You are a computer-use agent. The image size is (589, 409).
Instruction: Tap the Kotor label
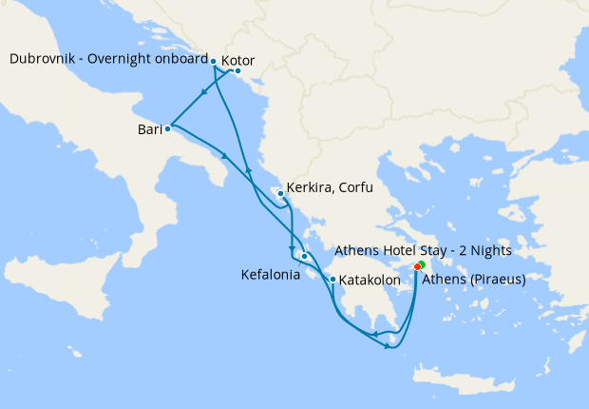(x=237, y=61)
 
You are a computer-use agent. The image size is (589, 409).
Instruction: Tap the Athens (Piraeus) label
(x=473, y=280)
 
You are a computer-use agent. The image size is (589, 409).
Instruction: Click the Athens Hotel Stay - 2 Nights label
(x=424, y=251)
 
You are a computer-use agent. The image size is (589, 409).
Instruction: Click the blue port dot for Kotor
(x=237, y=71)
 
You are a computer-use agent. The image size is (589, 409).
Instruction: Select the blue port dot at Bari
(x=167, y=127)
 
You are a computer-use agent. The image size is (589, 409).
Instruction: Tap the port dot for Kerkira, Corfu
(x=280, y=194)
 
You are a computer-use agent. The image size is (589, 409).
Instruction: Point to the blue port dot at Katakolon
(x=332, y=280)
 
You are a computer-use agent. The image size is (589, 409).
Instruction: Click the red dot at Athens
(x=418, y=267)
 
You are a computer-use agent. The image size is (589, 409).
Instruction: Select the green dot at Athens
(x=422, y=263)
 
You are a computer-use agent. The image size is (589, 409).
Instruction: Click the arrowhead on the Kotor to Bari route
(x=204, y=93)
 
